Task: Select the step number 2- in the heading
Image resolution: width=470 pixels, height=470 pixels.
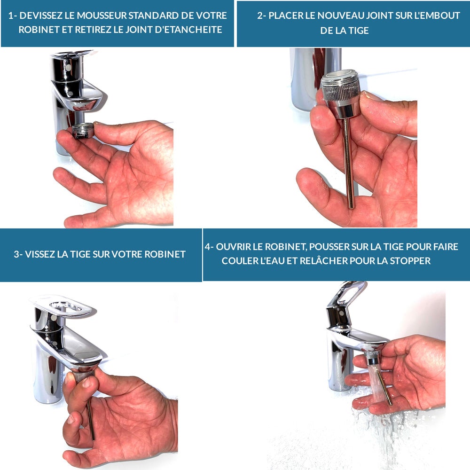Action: pos(262,16)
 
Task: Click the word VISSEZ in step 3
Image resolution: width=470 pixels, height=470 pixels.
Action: pos(40,254)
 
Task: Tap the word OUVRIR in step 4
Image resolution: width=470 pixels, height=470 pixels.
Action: pos(234,247)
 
